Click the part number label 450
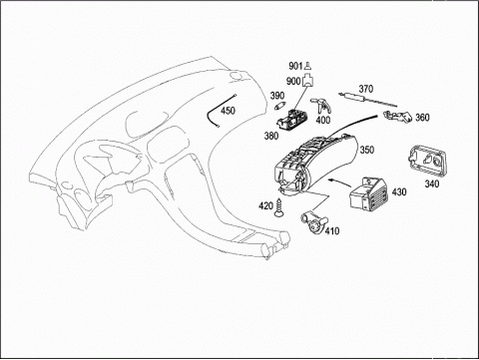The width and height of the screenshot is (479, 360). [x=228, y=111]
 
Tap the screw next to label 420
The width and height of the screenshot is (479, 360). [x=278, y=208]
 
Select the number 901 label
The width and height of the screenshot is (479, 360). [x=295, y=66]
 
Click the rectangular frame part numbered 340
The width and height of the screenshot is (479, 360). [x=427, y=161]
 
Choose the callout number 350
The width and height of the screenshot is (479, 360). [x=367, y=150]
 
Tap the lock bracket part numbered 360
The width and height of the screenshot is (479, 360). [x=398, y=116]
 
